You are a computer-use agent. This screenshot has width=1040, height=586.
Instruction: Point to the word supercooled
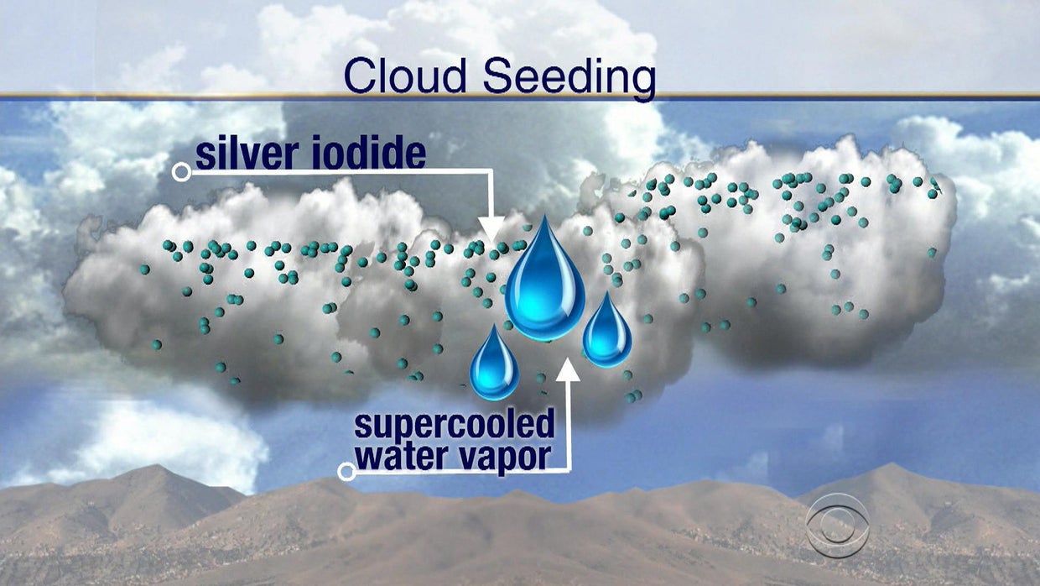point(455,425)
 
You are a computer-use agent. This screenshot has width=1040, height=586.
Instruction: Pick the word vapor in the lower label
point(510,458)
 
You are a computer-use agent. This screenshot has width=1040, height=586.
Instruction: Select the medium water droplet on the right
point(607,333)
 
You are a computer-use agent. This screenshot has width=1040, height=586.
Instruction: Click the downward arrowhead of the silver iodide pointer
point(491,228)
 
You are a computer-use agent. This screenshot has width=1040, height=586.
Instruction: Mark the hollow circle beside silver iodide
point(180,173)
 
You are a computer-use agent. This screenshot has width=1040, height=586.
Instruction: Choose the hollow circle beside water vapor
point(346,472)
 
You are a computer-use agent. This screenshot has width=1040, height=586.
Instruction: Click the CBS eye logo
point(836,525)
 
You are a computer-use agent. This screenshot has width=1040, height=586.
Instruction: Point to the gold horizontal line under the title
point(520,95)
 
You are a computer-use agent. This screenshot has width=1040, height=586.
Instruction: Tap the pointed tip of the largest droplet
point(544,218)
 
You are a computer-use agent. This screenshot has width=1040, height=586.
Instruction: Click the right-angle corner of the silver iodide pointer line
point(491,172)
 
